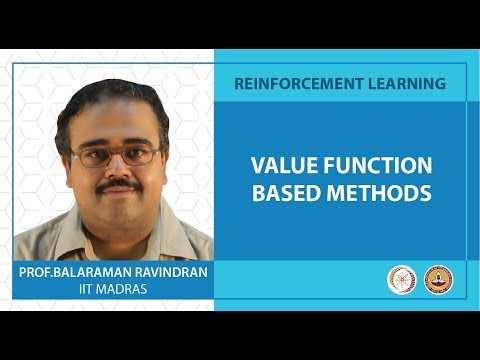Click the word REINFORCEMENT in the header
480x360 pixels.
289,83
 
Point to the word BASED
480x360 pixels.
289,192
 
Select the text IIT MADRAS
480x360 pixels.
114,289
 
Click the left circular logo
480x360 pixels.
401,280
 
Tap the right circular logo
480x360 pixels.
437,280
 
